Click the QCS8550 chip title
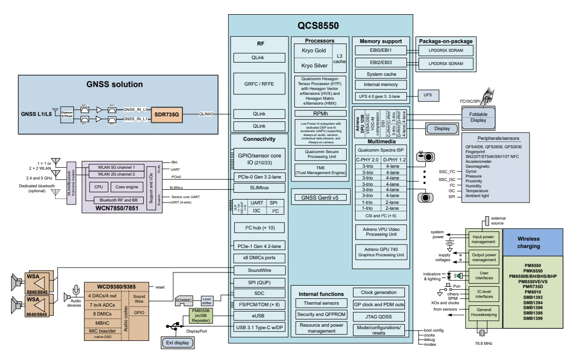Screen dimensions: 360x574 (318, 25)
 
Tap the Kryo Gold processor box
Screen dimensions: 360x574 (313, 50)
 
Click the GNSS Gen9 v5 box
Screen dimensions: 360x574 (318, 197)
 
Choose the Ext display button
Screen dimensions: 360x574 (177, 342)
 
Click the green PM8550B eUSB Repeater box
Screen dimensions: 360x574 (201, 316)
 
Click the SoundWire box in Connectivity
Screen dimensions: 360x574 (259, 270)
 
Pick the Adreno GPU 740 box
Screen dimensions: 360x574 (380, 252)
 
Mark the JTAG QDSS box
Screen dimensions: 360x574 (379, 316)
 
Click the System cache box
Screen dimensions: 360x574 (380, 74)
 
